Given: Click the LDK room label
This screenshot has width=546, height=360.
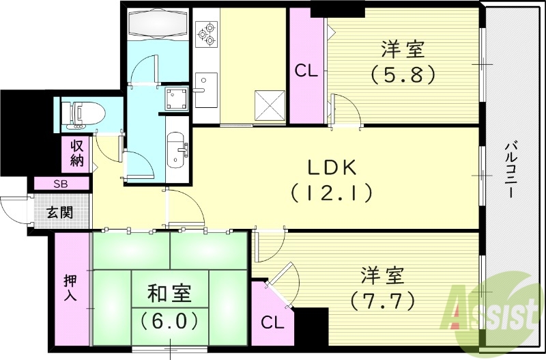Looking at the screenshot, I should coord(331,167).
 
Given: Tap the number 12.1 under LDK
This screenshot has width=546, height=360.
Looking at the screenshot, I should coord(331,193).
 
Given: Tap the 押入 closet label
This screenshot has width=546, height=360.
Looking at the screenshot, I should coord(70,288).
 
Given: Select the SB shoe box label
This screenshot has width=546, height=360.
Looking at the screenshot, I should coord(61,184).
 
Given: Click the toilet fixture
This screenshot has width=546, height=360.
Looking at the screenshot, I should coord(81,113).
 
